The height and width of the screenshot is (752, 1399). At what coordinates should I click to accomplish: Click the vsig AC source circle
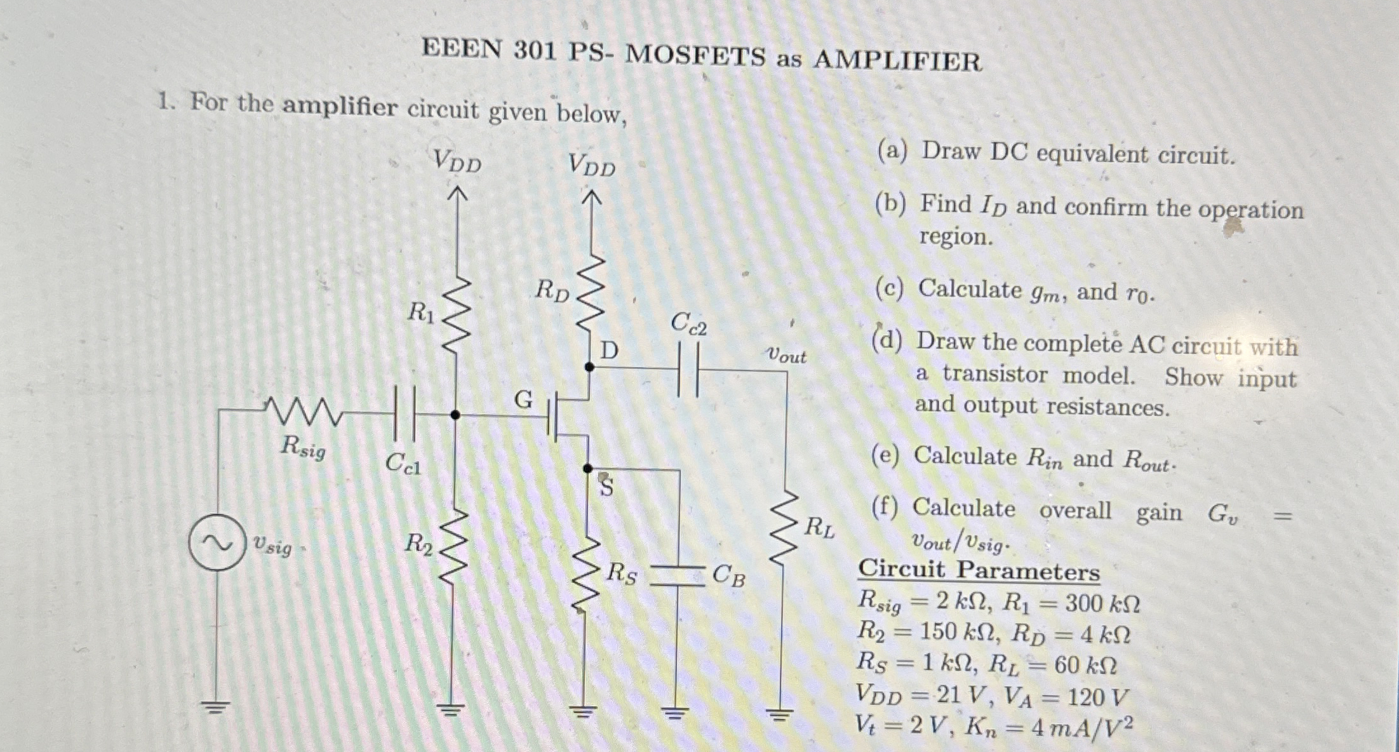tap(217, 543)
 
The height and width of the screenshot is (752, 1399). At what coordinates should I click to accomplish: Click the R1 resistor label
tap(420, 312)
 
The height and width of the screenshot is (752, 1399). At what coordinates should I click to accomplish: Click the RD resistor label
tap(551, 291)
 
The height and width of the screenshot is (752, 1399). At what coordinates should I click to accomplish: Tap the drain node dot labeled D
tap(589, 367)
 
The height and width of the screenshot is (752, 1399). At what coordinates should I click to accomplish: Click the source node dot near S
tap(588, 469)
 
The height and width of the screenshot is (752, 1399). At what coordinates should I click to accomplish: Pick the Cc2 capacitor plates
tap(689, 370)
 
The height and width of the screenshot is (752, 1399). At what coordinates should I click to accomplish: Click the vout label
tap(786, 356)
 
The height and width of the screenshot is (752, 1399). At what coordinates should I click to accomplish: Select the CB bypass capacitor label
tap(728, 575)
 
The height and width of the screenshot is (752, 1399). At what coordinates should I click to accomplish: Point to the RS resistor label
tap(620, 574)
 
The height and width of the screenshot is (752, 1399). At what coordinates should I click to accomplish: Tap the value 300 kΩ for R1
tap(1102, 603)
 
